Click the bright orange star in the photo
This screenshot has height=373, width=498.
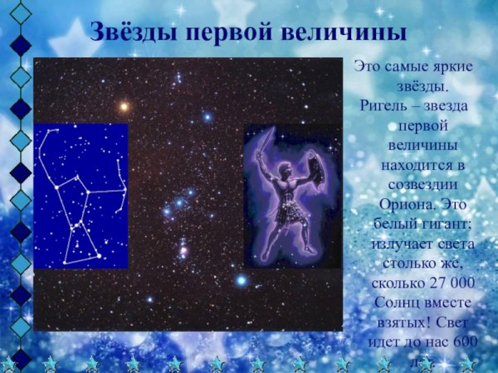(x=124, y=107)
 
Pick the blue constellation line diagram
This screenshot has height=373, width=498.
(x=81, y=196)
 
